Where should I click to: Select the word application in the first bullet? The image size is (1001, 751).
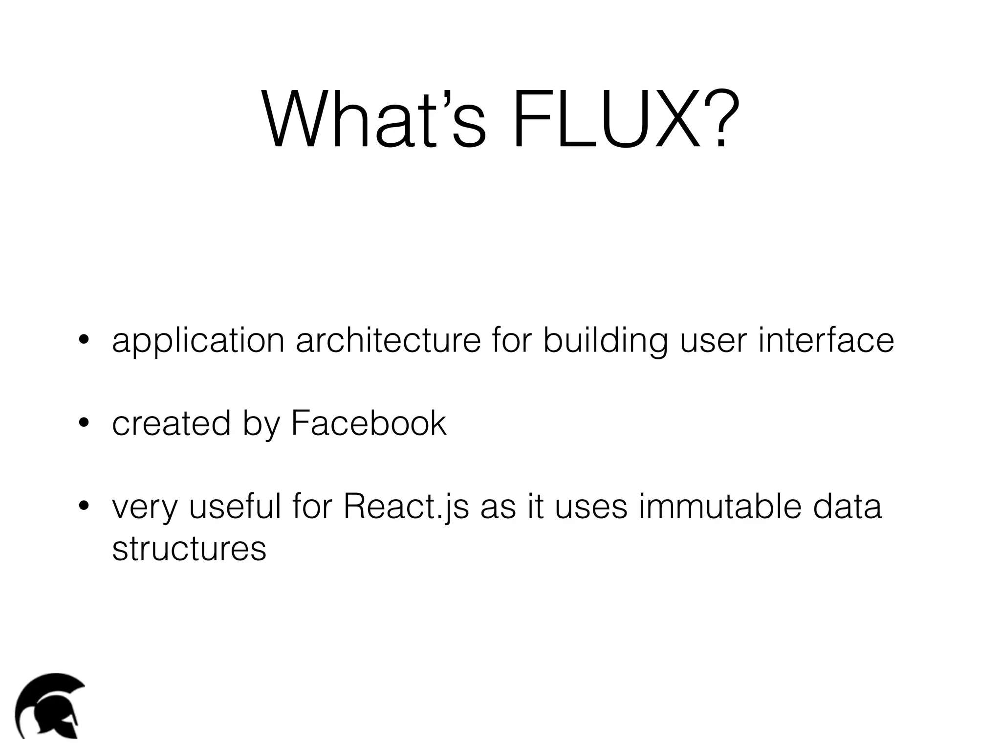pos(198,342)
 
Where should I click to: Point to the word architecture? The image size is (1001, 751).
pos(389,341)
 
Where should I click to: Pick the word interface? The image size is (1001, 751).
pos(826,341)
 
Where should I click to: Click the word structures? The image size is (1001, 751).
pos(189,549)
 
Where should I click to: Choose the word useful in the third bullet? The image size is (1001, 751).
pos(235,507)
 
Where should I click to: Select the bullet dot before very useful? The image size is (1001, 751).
pos(84,505)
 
